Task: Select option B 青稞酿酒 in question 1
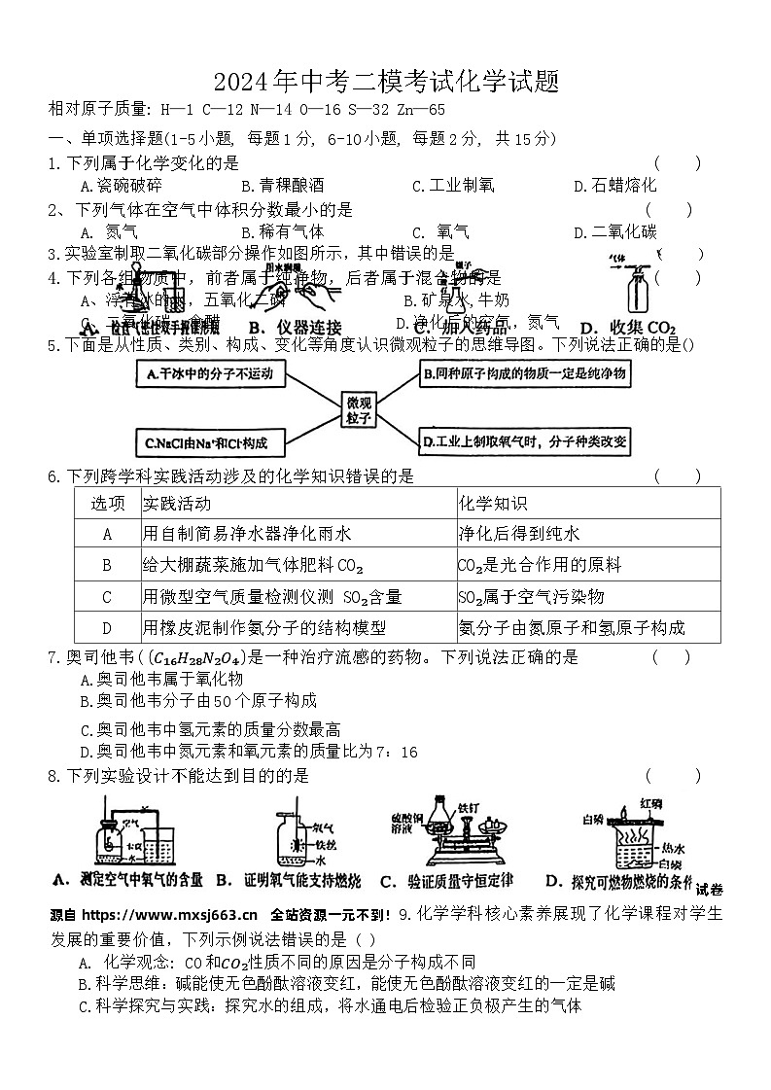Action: (283, 186)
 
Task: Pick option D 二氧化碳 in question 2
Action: (614, 232)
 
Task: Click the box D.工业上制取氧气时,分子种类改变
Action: (525, 443)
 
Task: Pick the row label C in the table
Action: (107, 596)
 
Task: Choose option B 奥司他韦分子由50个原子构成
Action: (199, 701)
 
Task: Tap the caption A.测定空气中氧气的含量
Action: (128, 880)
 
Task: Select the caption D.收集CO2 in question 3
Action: (627, 327)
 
